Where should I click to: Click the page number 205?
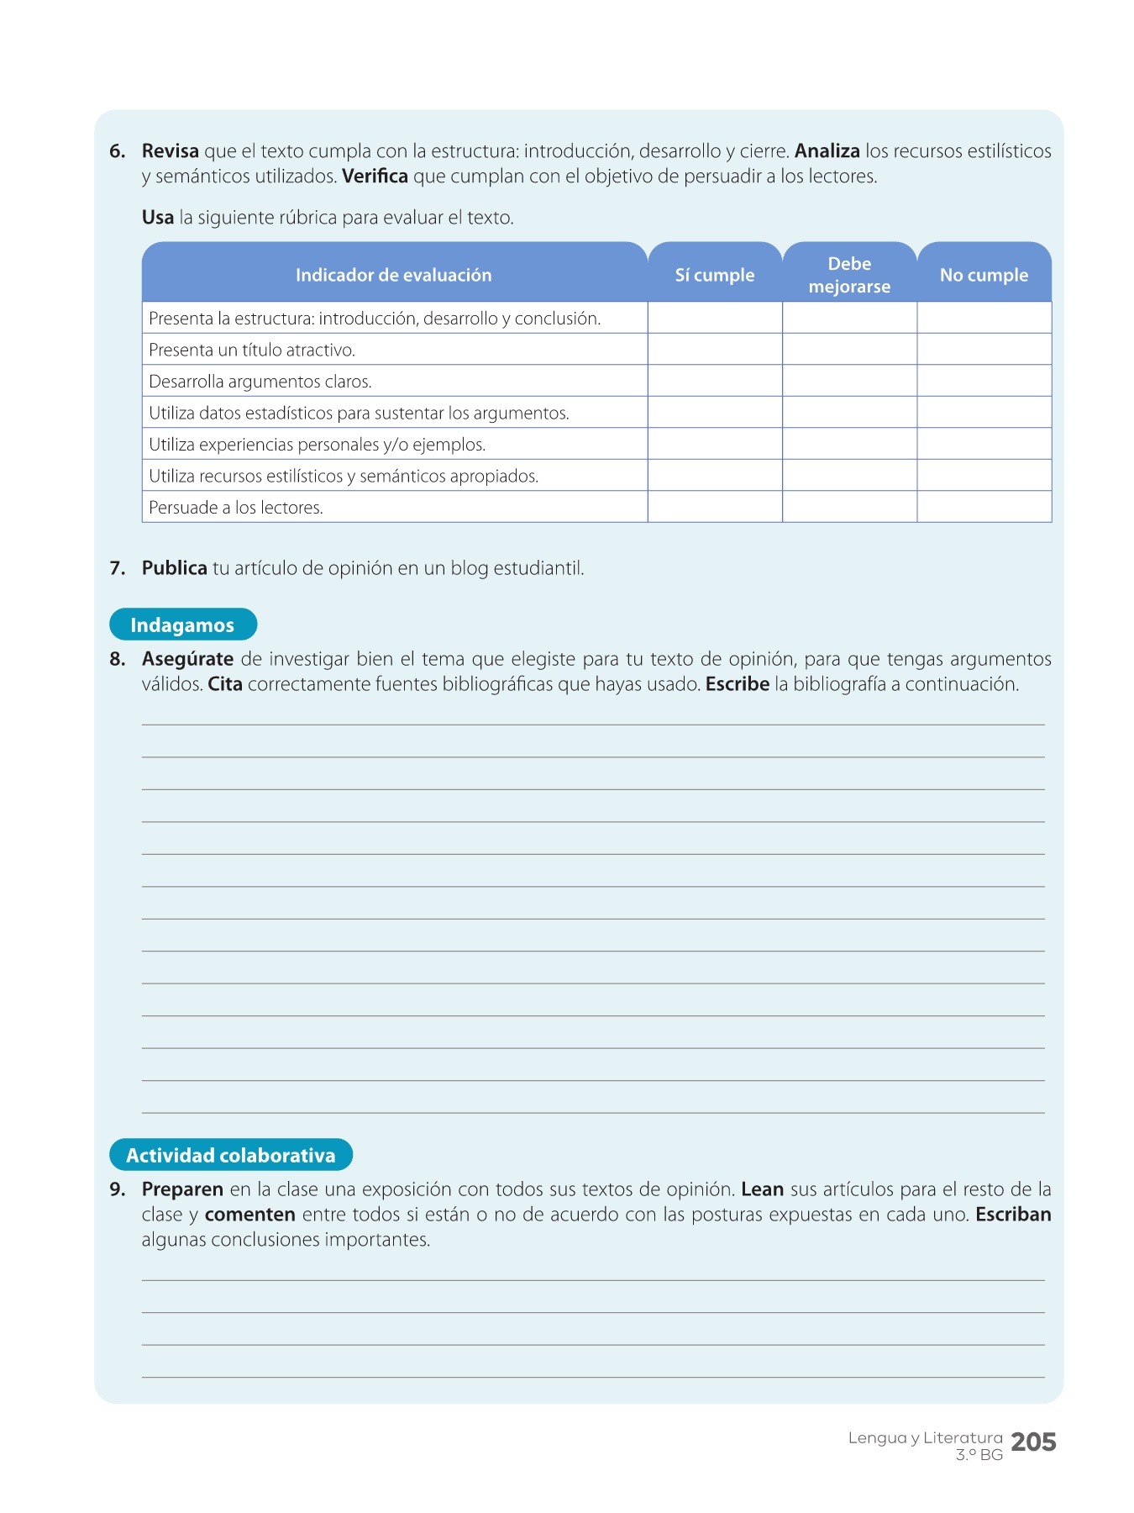(x=1033, y=1442)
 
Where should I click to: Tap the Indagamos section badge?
(x=183, y=625)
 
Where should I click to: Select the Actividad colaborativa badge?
(x=231, y=1155)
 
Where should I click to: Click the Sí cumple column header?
(x=715, y=275)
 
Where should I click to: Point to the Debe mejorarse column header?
(x=849, y=275)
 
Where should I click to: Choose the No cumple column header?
(x=984, y=275)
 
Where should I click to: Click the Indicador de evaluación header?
(x=393, y=275)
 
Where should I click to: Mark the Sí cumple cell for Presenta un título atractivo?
(x=715, y=350)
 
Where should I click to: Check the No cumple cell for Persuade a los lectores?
(x=984, y=507)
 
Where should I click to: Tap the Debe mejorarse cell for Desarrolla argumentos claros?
(x=849, y=381)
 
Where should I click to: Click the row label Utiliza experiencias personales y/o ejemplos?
(x=317, y=445)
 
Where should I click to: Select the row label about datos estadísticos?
(x=359, y=413)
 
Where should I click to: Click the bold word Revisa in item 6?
(x=171, y=151)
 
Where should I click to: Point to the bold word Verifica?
(x=375, y=177)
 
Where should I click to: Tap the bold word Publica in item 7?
(x=174, y=568)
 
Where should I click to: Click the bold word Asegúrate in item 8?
(x=187, y=659)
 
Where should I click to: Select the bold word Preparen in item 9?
(x=182, y=1189)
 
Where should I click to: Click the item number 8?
(x=117, y=659)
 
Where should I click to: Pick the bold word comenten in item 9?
(x=249, y=1215)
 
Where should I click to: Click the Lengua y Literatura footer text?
(x=925, y=1438)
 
